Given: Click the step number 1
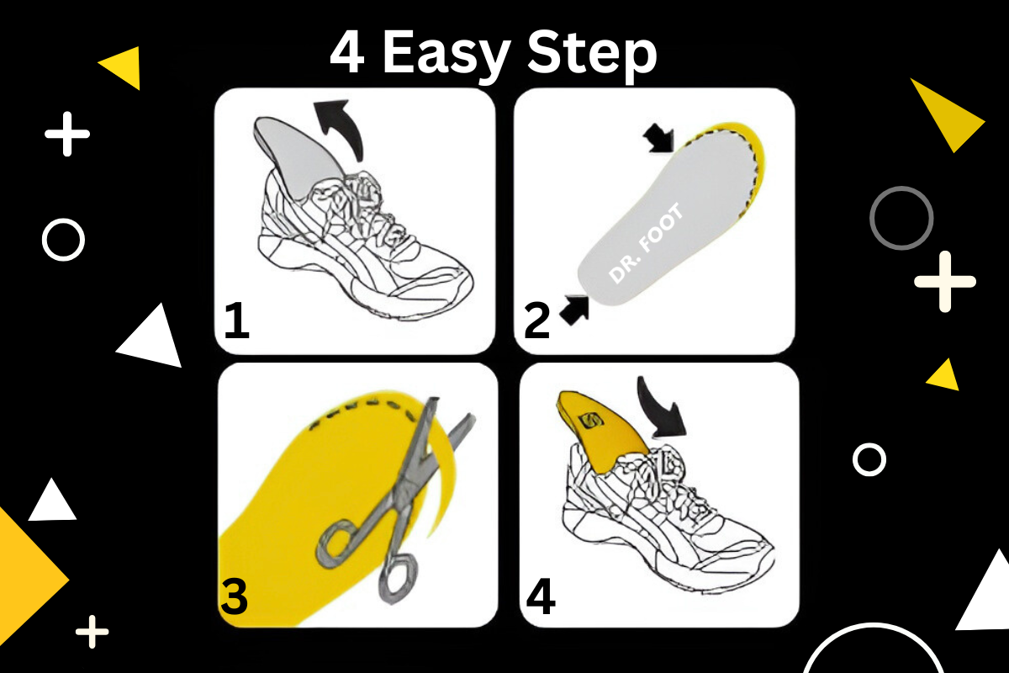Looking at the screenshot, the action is [237, 321].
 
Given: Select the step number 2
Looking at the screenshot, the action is [537, 321].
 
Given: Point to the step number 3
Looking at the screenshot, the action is [235, 596].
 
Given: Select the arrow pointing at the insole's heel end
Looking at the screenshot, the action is [574, 310].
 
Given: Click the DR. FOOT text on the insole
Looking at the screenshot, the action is [646, 243].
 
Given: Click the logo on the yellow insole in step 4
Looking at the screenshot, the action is [590, 421].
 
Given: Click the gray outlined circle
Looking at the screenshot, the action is [901, 188].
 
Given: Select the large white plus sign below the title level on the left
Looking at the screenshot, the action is [67, 134].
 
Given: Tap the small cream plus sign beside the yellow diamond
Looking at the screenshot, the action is [92, 632].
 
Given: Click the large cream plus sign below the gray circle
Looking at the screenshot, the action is [945, 282].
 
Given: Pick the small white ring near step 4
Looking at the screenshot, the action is [869, 445].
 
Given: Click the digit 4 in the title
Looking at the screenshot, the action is [346, 53].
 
